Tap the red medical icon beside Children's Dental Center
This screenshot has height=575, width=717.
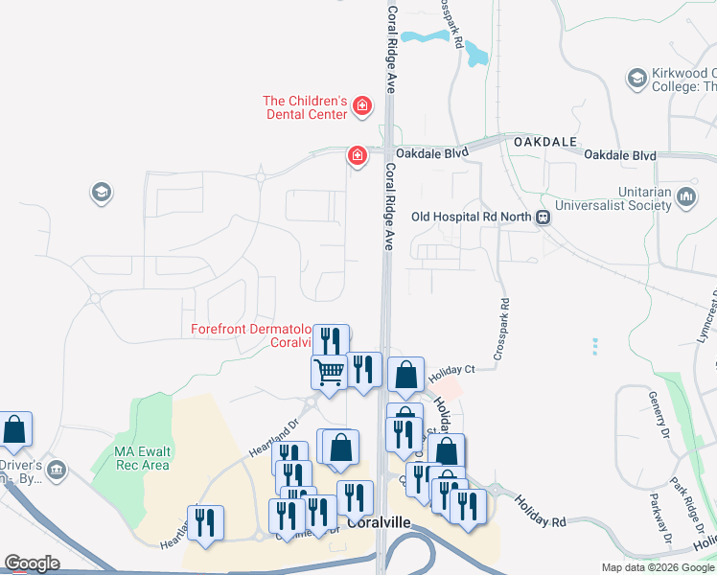[361, 105]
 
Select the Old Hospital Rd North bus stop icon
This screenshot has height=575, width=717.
[544, 217]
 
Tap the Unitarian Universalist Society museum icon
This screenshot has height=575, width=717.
[685, 197]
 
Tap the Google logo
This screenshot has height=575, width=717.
[32, 563]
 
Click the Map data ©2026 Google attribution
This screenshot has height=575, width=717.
[658, 567]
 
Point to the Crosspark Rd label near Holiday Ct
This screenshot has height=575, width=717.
[502, 329]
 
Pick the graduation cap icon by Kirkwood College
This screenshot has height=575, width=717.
[636, 77]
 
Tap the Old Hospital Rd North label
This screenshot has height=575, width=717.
[471, 217]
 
